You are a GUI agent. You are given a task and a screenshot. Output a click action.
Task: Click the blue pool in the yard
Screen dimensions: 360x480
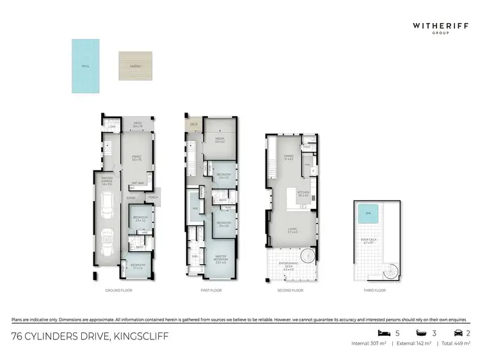click(x=86, y=66)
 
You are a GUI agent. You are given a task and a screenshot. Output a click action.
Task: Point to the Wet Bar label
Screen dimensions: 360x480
click(x=137, y=183)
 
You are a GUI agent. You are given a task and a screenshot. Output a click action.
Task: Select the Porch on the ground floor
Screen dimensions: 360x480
click(x=152, y=197)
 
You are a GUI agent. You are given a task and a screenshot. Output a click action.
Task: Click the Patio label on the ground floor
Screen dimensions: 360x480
click(x=137, y=125)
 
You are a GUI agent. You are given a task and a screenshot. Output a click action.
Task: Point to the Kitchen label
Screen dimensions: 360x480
click(x=303, y=194)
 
